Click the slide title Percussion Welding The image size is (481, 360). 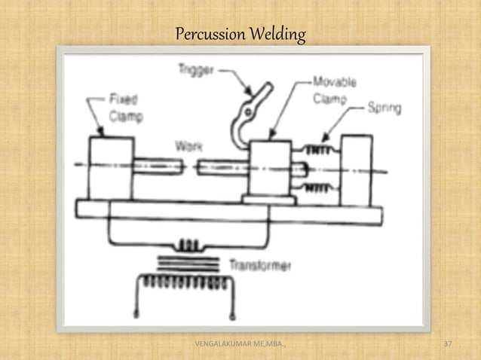pyautogui.click(x=240, y=35)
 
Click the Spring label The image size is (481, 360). pyautogui.click(x=384, y=108)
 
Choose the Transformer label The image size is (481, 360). pyautogui.click(x=259, y=265)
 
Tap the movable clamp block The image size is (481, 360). pyautogui.click(x=271, y=167)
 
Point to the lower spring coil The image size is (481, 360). pyautogui.click(x=316, y=183)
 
